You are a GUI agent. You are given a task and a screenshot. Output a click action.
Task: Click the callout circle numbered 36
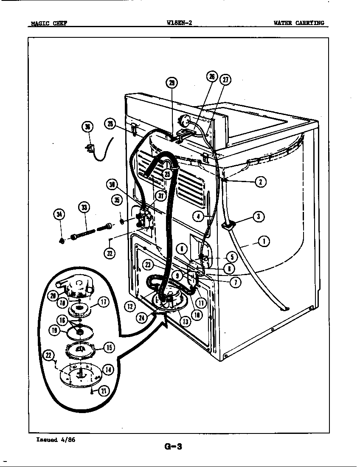pyautogui.click(x=87, y=127)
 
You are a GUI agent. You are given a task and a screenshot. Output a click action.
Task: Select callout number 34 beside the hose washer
pyautogui.click(x=60, y=215)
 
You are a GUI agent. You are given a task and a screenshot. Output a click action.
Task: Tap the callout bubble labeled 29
pyautogui.click(x=172, y=83)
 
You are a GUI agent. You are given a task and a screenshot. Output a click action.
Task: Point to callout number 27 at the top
pyautogui.click(x=225, y=80)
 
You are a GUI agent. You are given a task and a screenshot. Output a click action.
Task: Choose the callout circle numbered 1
pyautogui.click(x=264, y=242)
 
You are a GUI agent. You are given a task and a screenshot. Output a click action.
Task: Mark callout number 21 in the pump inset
pyautogui.click(x=102, y=391)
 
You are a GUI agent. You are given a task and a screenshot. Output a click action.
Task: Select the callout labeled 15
pyautogui.click(x=109, y=347)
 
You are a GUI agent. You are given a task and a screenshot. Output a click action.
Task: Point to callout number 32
pyautogui.click(x=110, y=253)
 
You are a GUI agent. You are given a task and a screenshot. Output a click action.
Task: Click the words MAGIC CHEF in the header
pyautogui.click(x=48, y=23)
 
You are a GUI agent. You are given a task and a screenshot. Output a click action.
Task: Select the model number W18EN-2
pyautogui.click(x=180, y=23)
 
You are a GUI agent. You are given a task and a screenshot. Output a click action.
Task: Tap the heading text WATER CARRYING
pyautogui.click(x=298, y=23)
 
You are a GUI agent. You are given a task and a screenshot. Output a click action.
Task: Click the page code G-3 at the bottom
pyautogui.click(x=173, y=446)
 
